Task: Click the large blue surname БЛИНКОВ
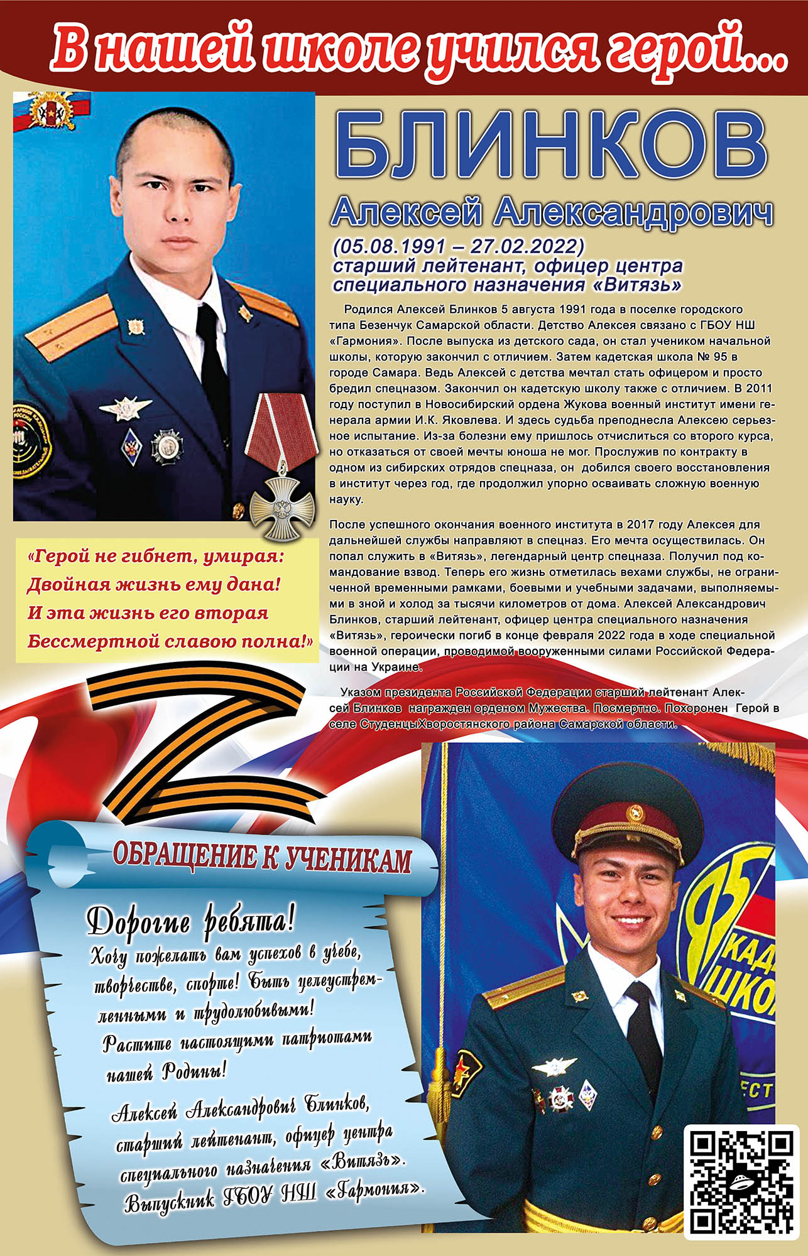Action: (x=551, y=146)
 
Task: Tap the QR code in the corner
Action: (x=741, y=1181)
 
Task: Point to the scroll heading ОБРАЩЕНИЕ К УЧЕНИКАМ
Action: (x=262, y=858)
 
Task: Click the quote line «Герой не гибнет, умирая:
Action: (x=156, y=556)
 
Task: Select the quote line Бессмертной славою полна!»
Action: (x=170, y=641)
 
